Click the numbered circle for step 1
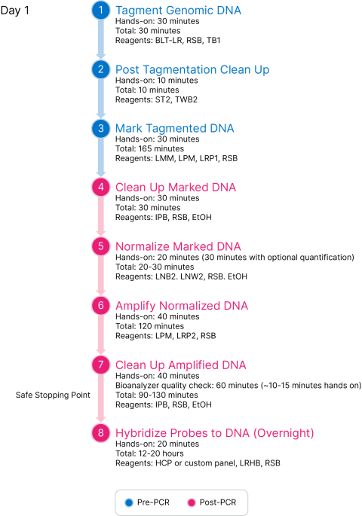pyautogui.click(x=101, y=11)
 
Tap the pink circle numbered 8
pyautogui.click(x=101, y=432)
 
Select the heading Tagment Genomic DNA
pyautogui.click(x=178, y=11)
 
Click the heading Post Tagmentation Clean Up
pyautogui.click(x=192, y=70)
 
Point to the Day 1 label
pyautogui.click(x=15, y=11)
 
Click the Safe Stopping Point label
pyautogui.click(x=53, y=395)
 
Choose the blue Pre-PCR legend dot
pyautogui.click(x=129, y=502)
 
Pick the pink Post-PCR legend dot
pyautogui.click(x=192, y=502)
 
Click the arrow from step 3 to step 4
pyautogui.click(x=101, y=157)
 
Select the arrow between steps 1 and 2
pyautogui.click(x=101, y=39)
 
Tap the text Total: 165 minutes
pyautogui.click(x=149, y=148)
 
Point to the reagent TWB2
pyautogui.click(x=186, y=99)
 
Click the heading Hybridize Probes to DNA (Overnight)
pyautogui.click(x=214, y=433)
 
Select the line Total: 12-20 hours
pyautogui.click(x=149, y=453)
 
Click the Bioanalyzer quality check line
pyautogui.click(x=238, y=386)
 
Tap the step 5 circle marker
pyautogui.click(x=101, y=246)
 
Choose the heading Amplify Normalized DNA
pyautogui.click(x=182, y=306)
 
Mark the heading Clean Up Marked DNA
pyautogui.click(x=176, y=188)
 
